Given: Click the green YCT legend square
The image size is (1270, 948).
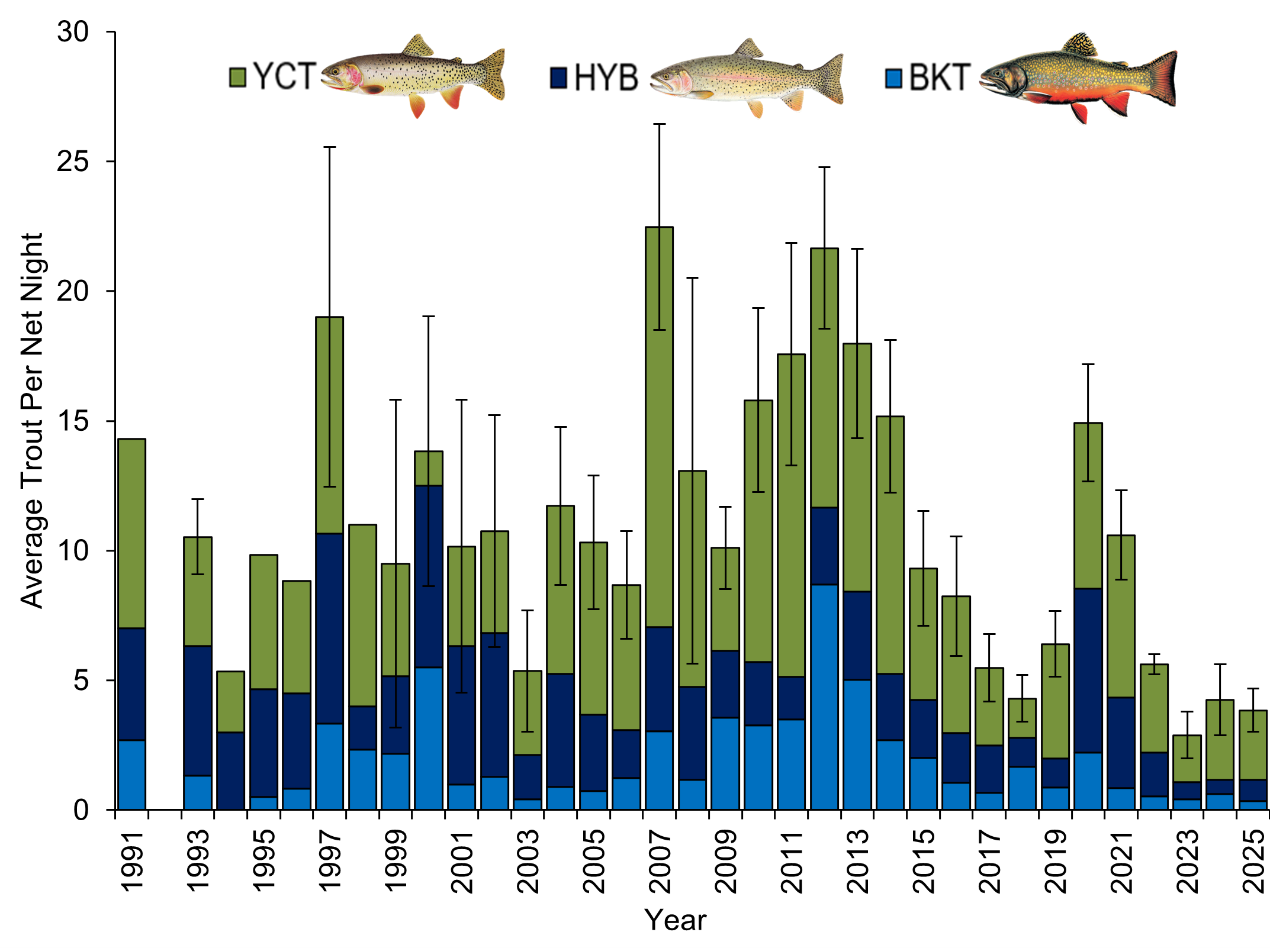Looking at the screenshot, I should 237,78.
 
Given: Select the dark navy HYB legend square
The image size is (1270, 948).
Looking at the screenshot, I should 558,78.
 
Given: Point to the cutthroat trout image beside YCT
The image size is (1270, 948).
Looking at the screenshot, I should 413,75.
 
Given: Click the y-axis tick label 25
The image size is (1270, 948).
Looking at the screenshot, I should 73,162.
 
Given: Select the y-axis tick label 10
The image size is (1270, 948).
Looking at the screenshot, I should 73,551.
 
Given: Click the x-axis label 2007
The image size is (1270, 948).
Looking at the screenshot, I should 660,861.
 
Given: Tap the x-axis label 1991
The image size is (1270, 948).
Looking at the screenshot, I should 131,861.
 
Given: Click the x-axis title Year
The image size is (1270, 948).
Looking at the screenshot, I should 675,920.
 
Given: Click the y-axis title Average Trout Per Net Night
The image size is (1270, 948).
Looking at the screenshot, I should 33,420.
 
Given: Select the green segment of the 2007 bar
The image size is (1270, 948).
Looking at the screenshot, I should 659,426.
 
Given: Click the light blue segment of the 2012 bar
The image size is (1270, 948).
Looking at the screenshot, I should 824,697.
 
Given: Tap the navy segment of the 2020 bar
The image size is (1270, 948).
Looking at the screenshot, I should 1088,670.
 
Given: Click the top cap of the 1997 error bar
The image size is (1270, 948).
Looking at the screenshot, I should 329,147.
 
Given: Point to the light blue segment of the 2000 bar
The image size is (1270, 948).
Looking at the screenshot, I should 429,739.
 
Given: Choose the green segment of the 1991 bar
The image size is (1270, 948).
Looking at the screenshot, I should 131,533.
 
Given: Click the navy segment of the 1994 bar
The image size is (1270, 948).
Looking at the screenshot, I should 230,770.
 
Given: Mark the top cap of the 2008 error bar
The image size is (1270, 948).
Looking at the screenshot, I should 692,278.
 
